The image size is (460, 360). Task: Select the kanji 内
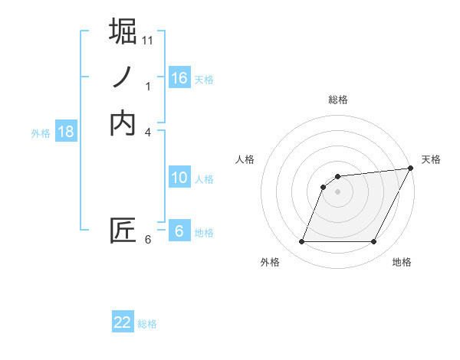point(123,123)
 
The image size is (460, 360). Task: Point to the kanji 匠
point(123,231)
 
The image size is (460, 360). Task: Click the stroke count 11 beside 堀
point(148,39)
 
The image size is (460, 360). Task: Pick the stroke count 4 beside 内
point(148,133)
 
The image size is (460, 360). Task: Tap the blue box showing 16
point(179,78)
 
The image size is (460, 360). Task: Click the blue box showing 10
point(179,178)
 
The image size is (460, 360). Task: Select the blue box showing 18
point(66,132)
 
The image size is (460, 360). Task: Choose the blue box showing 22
point(123,322)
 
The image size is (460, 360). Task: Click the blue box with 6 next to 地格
point(179,231)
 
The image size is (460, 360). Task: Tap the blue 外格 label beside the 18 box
point(41,133)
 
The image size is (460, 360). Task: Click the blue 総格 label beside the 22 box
point(147,324)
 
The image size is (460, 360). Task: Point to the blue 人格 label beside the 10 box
point(204,179)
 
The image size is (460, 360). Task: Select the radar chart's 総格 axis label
point(337,100)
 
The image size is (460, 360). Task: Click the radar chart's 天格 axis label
point(431,159)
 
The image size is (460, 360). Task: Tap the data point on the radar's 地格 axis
point(374,242)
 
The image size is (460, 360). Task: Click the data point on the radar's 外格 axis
point(301,242)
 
